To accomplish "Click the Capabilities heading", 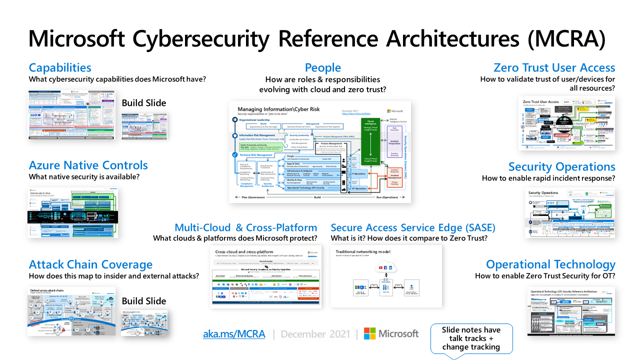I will click(x=60, y=67).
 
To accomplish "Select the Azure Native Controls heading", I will click(x=88, y=165).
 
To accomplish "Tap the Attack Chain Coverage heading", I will click(x=90, y=264).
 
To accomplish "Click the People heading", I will click(x=322, y=67).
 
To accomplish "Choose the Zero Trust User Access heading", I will click(x=554, y=67).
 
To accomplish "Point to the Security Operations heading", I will click(x=561, y=166).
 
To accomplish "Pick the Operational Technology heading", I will click(x=550, y=264).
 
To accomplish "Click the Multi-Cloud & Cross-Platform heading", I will click(x=245, y=227).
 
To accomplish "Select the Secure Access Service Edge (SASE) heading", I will click(x=413, y=227).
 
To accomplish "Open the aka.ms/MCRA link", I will click(x=234, y=333).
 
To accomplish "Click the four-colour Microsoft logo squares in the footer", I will click(x=370, y=333).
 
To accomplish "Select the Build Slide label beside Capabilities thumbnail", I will click(x=144, y=103).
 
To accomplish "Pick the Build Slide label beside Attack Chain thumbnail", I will click(x=144, y=301).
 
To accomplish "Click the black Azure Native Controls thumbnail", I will click(x=73, y=212).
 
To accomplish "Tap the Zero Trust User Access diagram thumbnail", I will click(x=566, y=123).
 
